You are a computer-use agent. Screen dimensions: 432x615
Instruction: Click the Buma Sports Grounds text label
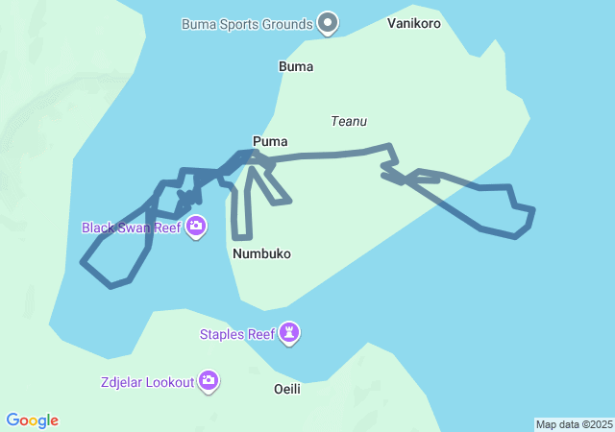[x=247, y=24]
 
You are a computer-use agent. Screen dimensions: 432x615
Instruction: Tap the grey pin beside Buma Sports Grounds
[x=329, y=22]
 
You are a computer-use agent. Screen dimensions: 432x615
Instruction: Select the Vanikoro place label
[x=415, y=22]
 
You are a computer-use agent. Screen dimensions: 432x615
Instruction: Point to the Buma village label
[x=296, y=67]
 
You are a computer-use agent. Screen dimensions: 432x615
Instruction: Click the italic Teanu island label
[x=349, y=121]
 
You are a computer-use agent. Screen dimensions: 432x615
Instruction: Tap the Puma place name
[x=270, y=141]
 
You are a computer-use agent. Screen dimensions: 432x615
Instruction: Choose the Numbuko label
[x=261, y=253]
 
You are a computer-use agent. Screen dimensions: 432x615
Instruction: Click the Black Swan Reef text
[x=131, y=228]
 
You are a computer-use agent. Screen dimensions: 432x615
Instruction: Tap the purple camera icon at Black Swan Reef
[x=196, y=228]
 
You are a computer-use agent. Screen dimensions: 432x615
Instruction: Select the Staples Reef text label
[x=236, y=334]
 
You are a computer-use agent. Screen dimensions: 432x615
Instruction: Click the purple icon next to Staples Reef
[x=289, y=333]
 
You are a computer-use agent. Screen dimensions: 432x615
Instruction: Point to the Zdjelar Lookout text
[x=147, y=381]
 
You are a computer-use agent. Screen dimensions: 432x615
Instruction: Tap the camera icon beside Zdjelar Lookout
[x=209, y=381]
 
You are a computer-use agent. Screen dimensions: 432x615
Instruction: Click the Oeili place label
[x=287, y=389]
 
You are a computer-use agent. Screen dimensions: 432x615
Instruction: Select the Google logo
[x=33, y=420]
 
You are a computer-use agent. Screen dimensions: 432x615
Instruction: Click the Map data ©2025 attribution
[x=574, y=424]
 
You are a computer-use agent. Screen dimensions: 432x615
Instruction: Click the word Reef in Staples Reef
[x=259, y=334]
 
